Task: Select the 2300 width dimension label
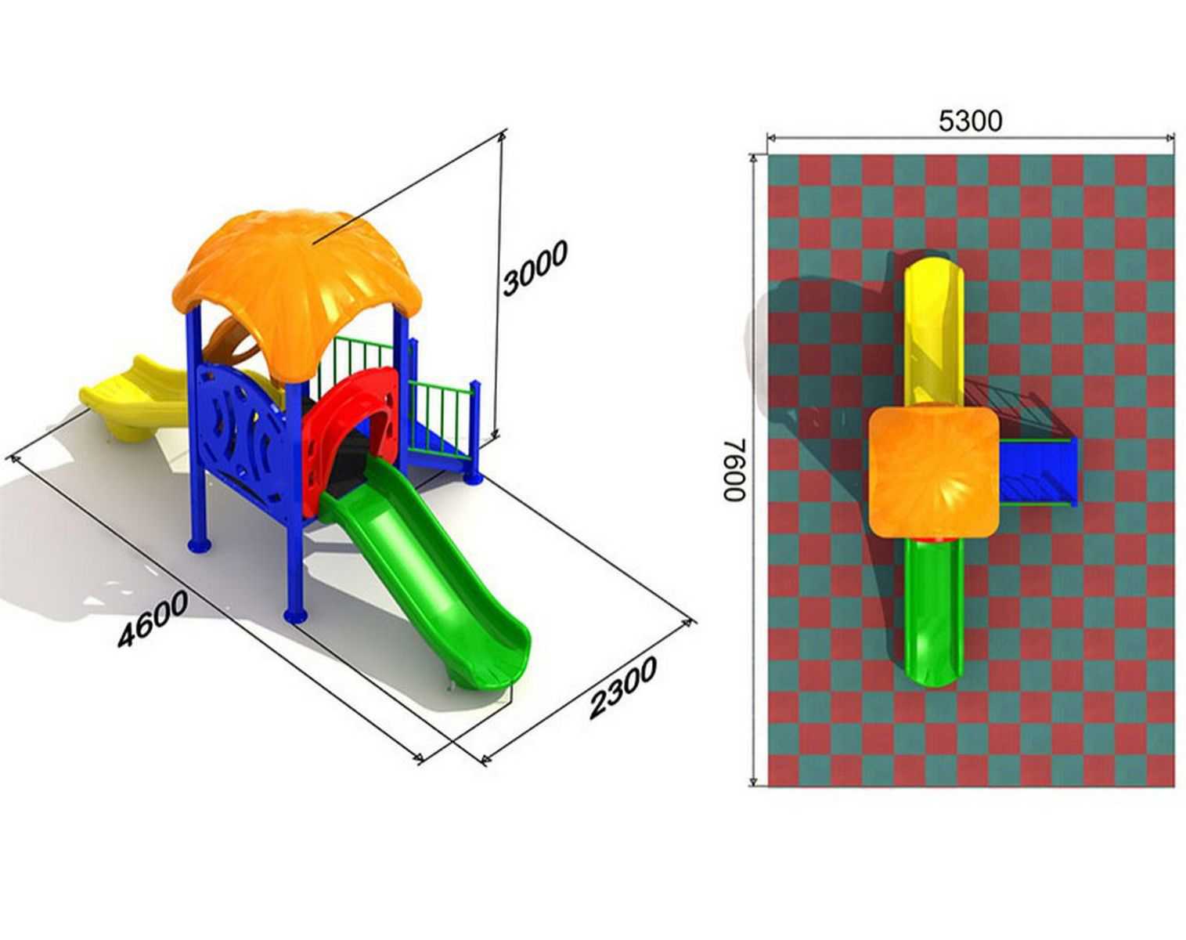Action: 622,687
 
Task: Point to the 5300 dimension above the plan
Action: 970,121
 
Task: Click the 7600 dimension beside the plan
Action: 734,469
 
